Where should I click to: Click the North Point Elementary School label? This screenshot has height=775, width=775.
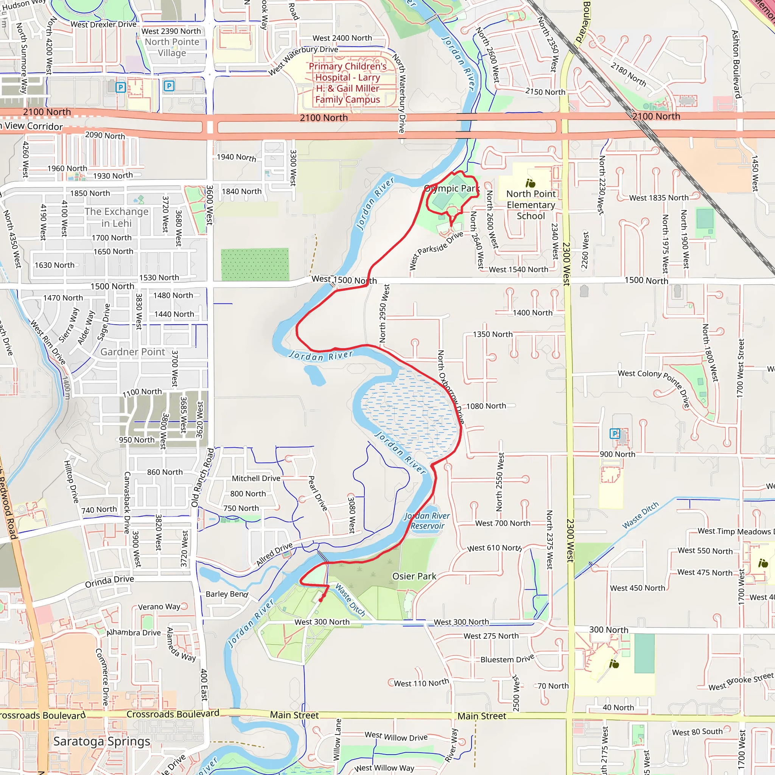point(531,205)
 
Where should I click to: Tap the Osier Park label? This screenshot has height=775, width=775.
point(414,576)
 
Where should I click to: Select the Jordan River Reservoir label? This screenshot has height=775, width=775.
point(427,521)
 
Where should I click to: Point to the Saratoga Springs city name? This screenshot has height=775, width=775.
point(102,741)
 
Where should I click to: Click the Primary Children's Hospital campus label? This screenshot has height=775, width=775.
point(347,83)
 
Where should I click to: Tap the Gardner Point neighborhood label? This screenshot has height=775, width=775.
point(132,352)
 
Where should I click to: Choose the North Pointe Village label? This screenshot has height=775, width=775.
point(172,47)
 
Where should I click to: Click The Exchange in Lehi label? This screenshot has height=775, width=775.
point(116,218)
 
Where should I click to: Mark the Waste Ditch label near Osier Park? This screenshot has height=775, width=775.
point(350,600)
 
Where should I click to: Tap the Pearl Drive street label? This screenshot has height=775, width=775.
point(318,493)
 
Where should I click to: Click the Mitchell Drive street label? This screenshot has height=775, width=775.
point(256,478)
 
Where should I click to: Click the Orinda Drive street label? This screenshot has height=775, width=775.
point(109,581)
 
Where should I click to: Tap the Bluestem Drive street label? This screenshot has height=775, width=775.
point(507,659)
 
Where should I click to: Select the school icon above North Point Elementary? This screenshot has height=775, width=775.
point(530,183)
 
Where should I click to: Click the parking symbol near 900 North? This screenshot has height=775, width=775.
point(615,433)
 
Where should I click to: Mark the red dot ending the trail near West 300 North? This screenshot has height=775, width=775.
point(321,600)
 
